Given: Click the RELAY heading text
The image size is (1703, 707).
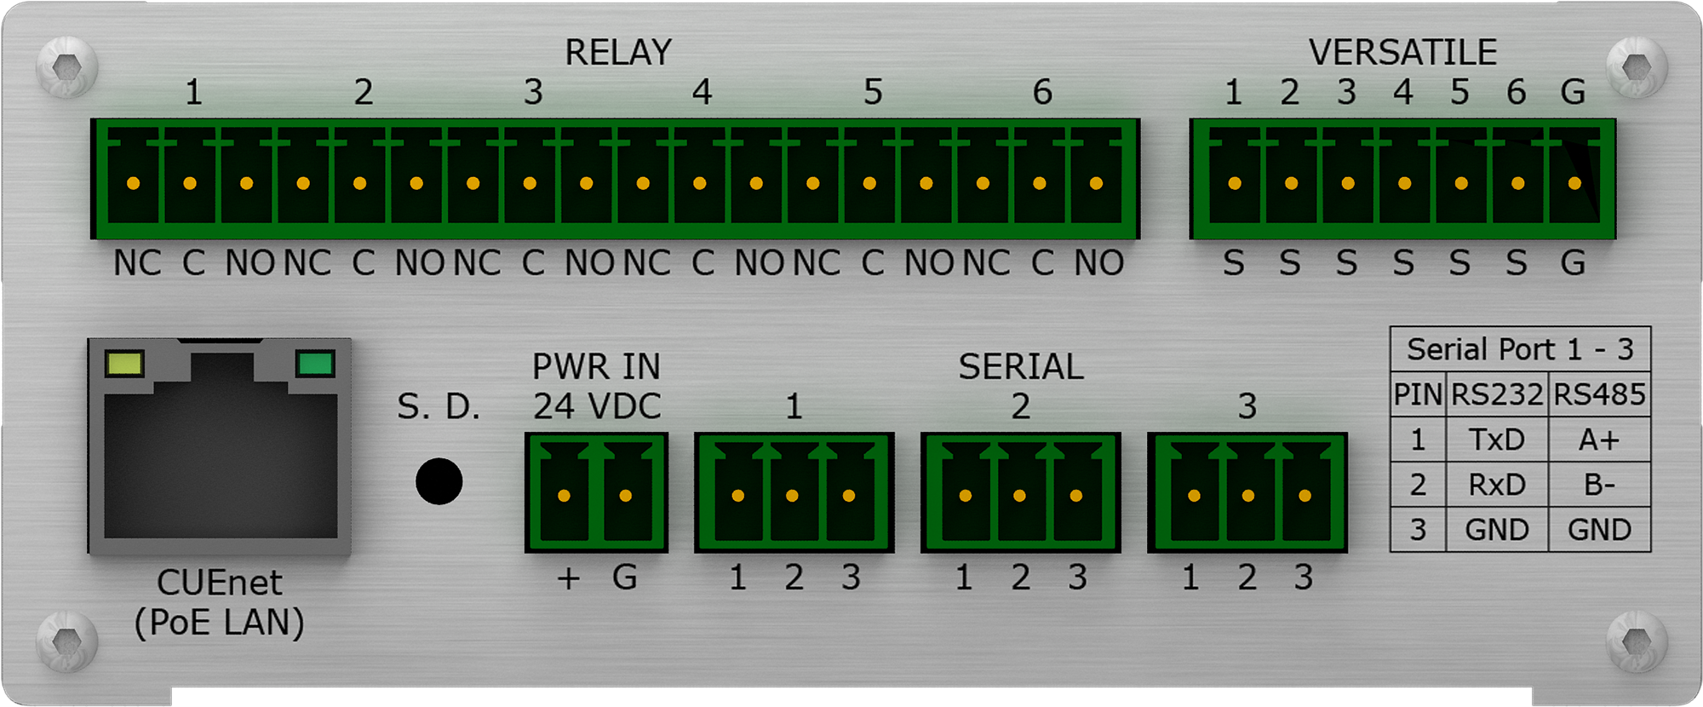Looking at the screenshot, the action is coord(618,53).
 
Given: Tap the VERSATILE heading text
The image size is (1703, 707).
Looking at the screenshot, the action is coord(1402,53).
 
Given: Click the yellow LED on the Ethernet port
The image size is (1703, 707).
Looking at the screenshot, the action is coord(124,364).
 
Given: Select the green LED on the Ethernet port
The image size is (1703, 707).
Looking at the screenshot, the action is coord(314,364).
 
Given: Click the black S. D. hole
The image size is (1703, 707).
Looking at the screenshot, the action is coord(439,481).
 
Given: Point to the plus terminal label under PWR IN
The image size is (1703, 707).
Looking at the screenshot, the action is coord(568,578).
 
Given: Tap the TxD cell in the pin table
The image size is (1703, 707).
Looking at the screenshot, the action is coord(1496,440).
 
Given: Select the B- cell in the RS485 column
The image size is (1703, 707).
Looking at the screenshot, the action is coord(1599,485).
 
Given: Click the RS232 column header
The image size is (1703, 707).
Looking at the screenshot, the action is coord(1497,394).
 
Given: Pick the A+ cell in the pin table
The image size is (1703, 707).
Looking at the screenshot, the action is coord(1598,440).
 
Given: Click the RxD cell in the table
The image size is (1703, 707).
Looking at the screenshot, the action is coord(1496,485).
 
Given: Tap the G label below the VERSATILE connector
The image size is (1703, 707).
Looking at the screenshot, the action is coord(1573,263).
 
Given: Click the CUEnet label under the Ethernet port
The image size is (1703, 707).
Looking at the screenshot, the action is coord(220,583).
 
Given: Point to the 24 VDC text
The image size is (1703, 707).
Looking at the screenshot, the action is coord(597,406).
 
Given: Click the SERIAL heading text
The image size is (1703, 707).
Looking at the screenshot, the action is coord(1021,367).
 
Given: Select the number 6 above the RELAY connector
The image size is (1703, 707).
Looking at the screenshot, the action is coord(1042,92).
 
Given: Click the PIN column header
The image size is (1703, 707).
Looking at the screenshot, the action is coord(1418,394).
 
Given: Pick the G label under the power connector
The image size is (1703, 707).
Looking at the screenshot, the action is coord(625,578).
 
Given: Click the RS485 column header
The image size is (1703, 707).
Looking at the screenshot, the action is coord(1599,394).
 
